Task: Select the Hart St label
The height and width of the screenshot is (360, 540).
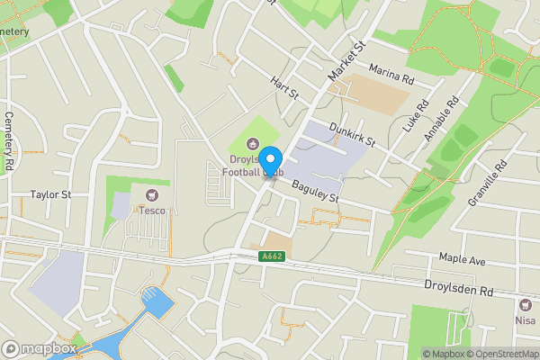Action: click(x=284, y=88)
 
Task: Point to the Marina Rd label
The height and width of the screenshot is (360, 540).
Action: click(x=391, y=74)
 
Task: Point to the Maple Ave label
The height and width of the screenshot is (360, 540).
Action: click(x=462, y=261)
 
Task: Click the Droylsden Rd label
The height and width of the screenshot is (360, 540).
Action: click(x=460, y=288)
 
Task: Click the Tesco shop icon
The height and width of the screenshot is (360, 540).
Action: click(x=150, y=195)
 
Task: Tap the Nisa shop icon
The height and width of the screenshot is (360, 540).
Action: click(x=525, y=304)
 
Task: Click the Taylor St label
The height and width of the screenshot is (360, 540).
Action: click(x=50, y=193)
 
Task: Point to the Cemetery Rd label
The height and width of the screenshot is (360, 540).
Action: click(x=9, y=142)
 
